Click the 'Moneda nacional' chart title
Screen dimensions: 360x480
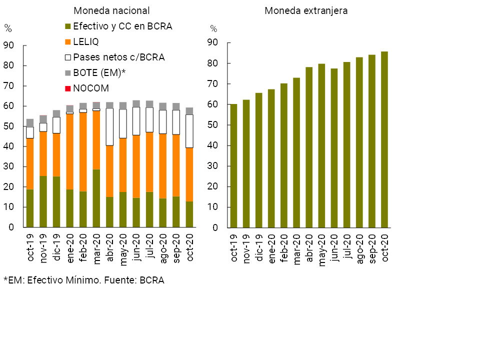111,10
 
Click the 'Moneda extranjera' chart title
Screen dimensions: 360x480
306,10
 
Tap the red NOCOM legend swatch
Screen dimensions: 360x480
68,88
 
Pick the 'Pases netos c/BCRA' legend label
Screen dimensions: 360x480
118,57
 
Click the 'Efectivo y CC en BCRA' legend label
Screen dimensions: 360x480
122,26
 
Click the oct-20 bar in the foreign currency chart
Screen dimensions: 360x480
384,139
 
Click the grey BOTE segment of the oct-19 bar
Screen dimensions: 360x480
30,123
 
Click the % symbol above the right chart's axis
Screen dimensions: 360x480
213,28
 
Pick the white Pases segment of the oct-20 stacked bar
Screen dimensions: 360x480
189,131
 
